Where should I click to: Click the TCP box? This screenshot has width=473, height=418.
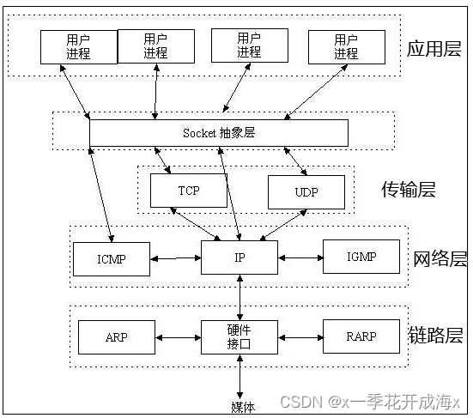189,191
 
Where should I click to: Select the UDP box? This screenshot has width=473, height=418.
306,192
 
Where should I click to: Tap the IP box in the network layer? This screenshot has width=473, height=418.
240,257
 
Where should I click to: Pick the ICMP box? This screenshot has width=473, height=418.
112,259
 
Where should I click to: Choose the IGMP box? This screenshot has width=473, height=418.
361,257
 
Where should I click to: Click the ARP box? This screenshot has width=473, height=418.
117,337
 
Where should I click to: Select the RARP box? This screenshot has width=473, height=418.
361,336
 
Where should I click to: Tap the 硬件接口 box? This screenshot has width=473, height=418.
240,337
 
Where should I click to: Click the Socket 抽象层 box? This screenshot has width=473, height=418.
219,133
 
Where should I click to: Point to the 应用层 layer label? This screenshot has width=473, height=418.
434,49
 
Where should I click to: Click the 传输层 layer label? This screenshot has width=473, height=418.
409,190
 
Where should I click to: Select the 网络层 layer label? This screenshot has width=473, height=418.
440,259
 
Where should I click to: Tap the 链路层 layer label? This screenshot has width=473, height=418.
436,335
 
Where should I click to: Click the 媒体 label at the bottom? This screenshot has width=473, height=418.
243,408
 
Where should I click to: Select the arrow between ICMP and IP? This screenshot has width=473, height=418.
176,258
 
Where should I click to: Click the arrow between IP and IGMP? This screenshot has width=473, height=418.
300,257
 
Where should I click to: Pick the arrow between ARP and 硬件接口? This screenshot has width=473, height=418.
178,338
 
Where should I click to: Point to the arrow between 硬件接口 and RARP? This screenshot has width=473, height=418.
300,337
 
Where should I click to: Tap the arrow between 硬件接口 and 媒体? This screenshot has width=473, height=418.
240,377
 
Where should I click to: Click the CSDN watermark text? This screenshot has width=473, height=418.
370,402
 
